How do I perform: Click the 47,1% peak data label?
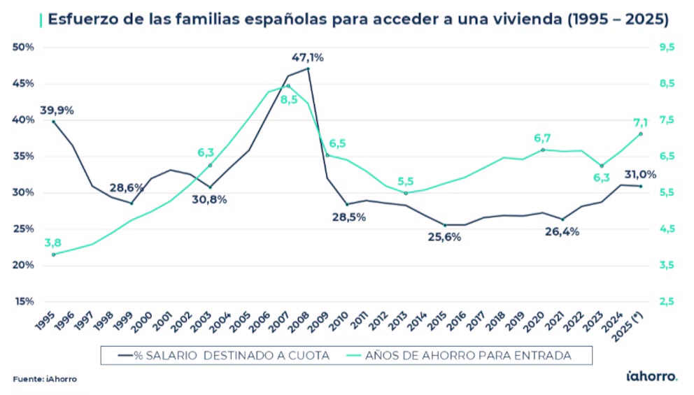coord(308,57)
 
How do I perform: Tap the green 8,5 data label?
coord(289,99)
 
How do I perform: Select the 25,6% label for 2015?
coord(444,237)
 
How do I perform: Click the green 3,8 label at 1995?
coord(52,243)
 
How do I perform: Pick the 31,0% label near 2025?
coord(639,174)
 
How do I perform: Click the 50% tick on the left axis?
coord(24,47)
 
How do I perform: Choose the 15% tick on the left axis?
coord(24,301)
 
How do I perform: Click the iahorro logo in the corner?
coord(651,377)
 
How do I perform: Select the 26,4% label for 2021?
coord(562,232)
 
